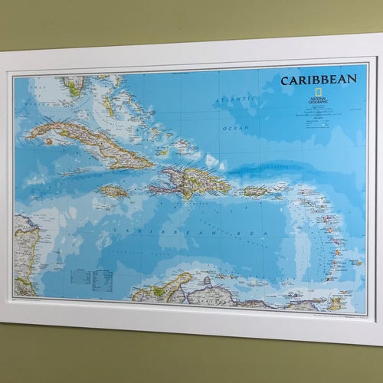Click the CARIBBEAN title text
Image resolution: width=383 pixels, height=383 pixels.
click(x=318, y=80)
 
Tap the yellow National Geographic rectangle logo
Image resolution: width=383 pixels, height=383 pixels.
click(x=317, y=92)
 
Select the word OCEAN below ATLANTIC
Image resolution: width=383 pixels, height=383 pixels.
click(x=235, y=128)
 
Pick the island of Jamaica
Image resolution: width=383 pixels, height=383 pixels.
click(x=113, y=191)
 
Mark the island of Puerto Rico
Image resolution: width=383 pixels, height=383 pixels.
click(x=255, y=191)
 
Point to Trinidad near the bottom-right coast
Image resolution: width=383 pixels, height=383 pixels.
click(x=335, y=303)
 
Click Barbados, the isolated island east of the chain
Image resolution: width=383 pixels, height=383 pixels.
click(x=356, y=262)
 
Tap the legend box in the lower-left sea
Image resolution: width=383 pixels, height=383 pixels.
click(x=90, y=279)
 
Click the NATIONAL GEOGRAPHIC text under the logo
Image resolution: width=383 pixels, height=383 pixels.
click(x=317, y=101)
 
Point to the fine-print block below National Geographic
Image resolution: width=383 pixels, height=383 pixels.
click(x=317, y=113)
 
